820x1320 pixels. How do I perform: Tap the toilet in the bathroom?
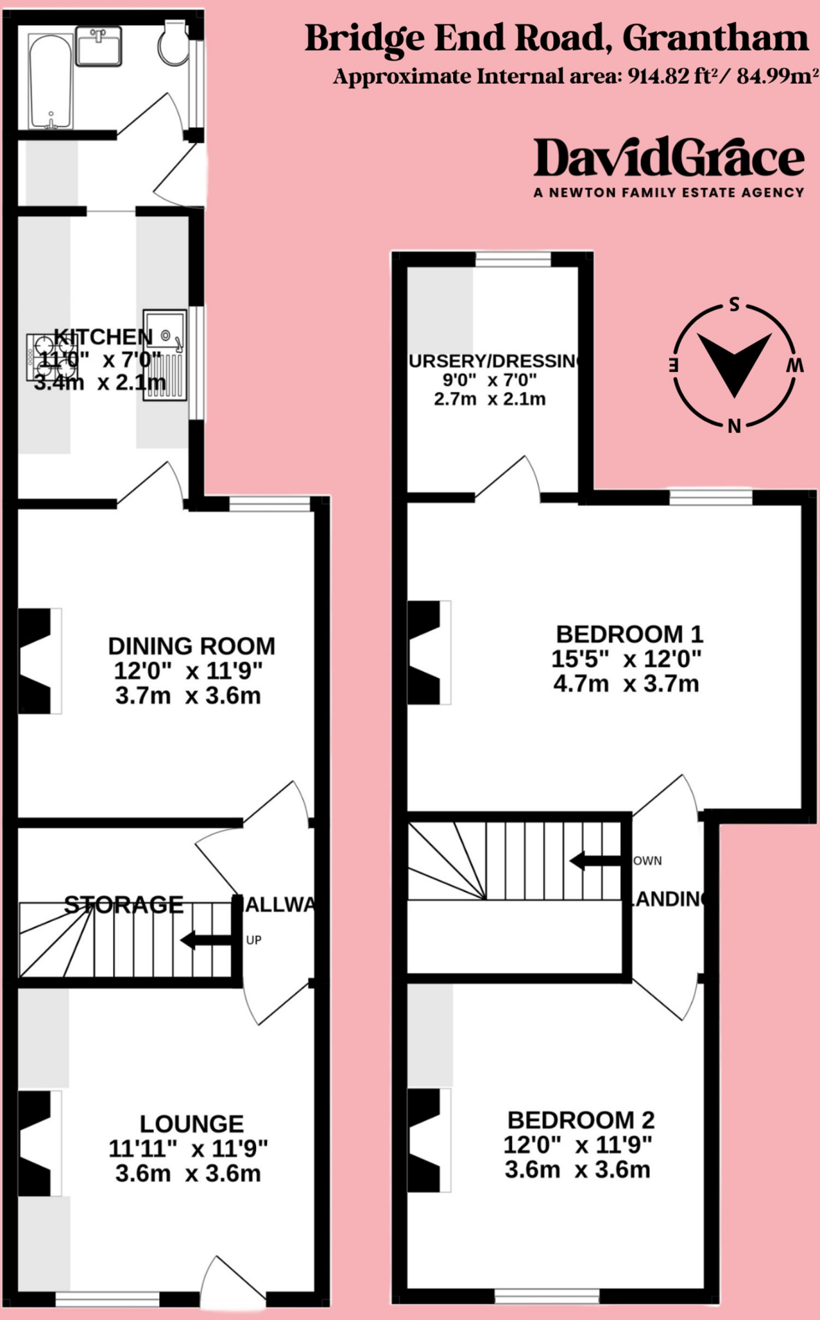tap(173, 44)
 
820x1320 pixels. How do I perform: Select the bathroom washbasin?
tap(99, 46)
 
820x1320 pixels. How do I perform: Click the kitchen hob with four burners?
tap(52, 356)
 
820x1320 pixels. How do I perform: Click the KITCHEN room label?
tap(103, 336)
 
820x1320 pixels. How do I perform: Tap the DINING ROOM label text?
tap(191, 646)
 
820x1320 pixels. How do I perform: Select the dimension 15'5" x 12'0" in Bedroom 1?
tap(626, 659)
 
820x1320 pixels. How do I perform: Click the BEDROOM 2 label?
tap(581, 1120)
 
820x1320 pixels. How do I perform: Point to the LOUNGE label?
tap(191, 1124)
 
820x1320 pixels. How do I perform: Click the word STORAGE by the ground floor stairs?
tap(124, 905)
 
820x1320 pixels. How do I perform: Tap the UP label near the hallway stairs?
tap(254, 940)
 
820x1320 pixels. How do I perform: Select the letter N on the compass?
tap(734, 426)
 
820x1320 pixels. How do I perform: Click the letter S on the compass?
tap(734, 305)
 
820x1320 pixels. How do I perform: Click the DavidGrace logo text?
tap(669, 158)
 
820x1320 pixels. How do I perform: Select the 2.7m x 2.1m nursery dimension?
tap(490, 399)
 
